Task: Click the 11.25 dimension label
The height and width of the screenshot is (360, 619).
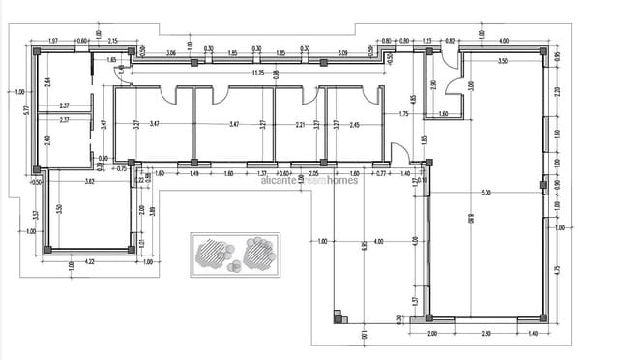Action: point(257,73)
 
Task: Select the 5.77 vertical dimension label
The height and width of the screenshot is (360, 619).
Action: point(27,110)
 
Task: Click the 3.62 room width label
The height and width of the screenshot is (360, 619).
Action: point(89,181)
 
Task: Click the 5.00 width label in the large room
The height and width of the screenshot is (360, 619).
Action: point(485,193)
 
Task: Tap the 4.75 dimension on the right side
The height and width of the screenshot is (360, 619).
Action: point(558,271)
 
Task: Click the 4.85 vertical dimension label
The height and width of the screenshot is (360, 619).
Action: point(413,100)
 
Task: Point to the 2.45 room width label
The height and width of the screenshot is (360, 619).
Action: point(355,125)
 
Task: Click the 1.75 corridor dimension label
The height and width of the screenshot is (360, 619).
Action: point(404,115)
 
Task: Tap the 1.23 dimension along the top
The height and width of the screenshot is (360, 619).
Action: point(427,42)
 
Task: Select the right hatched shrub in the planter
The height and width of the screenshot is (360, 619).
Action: point(259,254)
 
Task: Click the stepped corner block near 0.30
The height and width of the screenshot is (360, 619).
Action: point(339,315)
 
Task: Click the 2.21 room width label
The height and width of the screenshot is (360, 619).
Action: point(301,125)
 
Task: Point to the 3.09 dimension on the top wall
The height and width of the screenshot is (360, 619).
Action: point(343,52)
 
